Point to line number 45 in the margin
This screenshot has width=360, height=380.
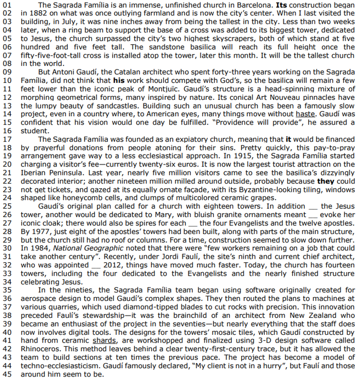click(x=7, y=374)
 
